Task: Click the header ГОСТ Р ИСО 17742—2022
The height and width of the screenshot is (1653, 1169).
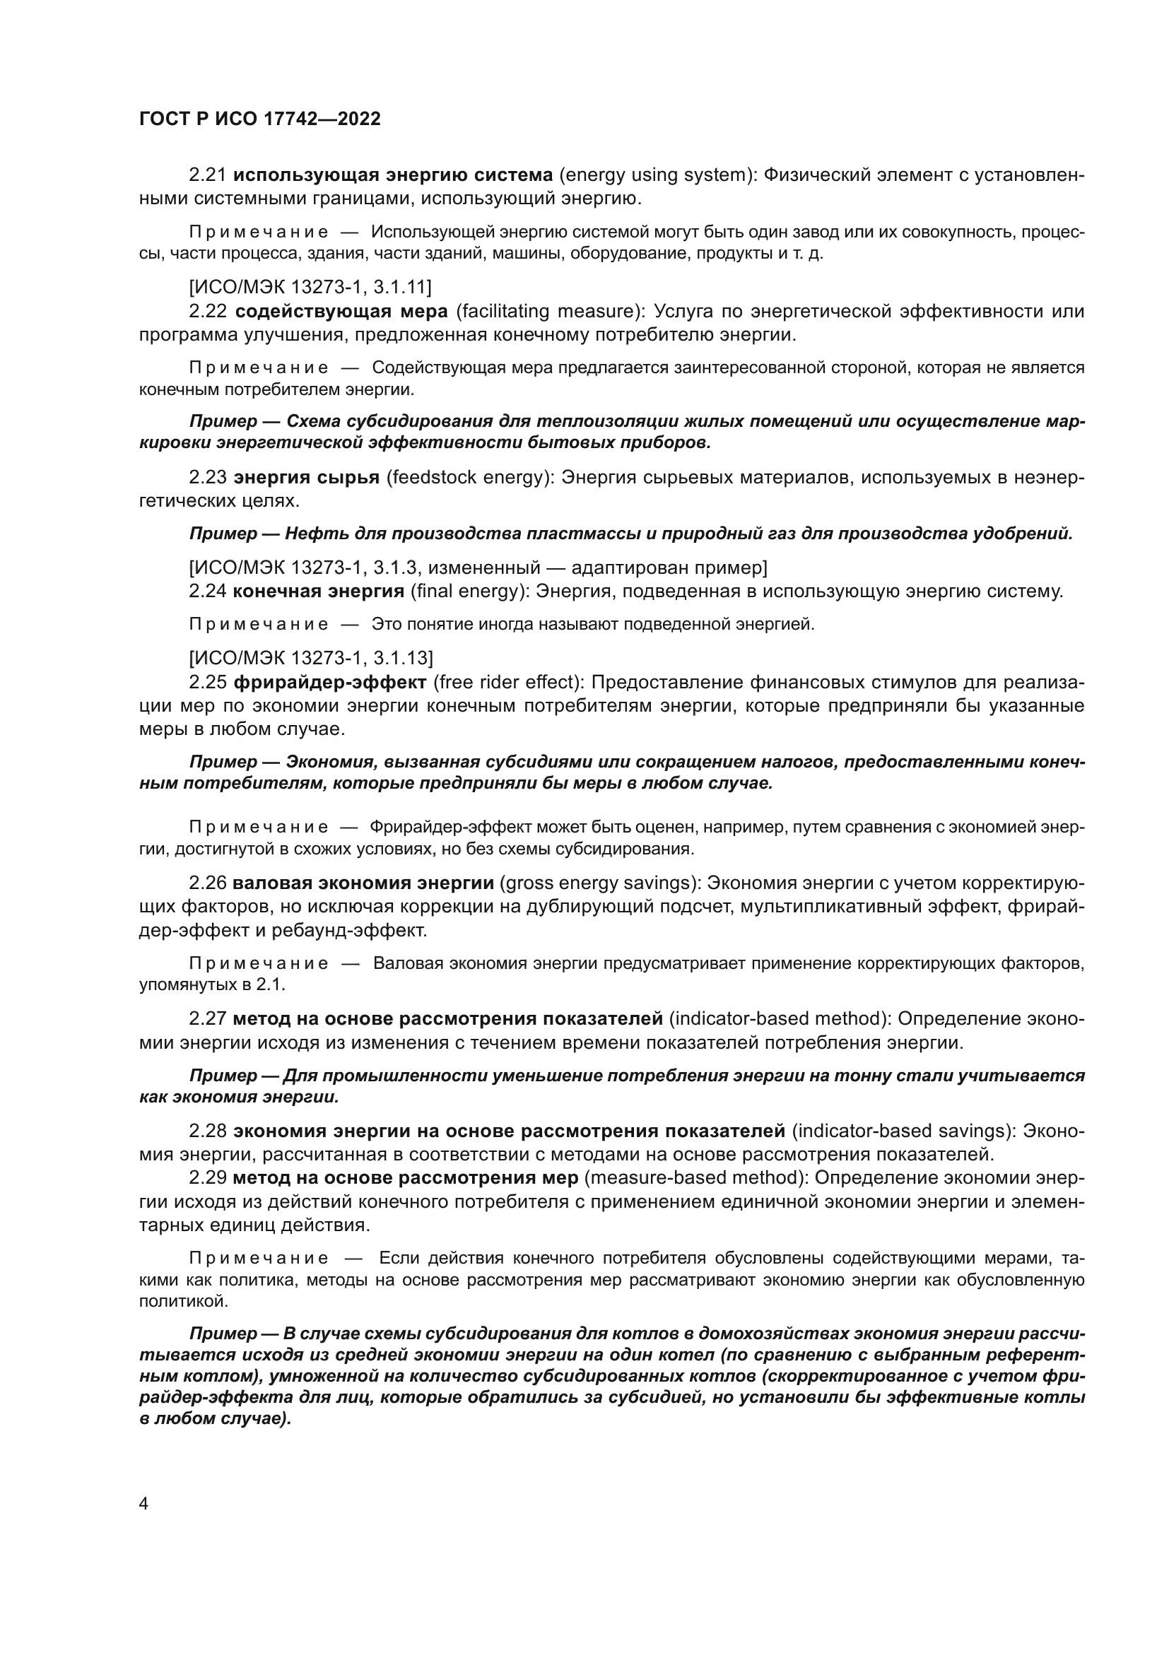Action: tap(260, 119)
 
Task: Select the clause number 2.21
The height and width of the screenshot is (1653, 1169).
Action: tap(208, 175)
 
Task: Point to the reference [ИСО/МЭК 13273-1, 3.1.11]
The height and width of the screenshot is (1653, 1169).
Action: tap(310, 287)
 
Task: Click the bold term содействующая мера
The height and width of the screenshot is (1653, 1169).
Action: tap(341, 311)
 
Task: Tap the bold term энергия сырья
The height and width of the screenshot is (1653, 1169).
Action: tap(307, 477)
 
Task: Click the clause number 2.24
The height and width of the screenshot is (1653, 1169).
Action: tap(208, 591)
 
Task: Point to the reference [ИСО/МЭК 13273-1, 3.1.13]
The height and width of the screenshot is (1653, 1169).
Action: tap(311, 658)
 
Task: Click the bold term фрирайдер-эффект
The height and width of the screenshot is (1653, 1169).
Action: tap(330, 682)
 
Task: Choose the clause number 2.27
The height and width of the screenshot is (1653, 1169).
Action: tap(208, 1019)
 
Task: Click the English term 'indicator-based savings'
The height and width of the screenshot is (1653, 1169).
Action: tap(903, 1131)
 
